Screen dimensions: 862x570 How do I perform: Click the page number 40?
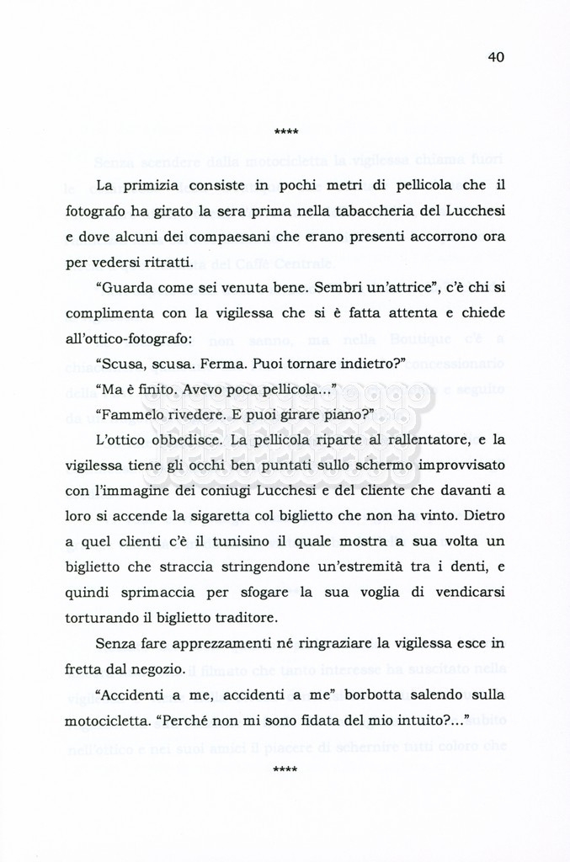495,57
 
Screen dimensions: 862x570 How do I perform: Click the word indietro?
366,366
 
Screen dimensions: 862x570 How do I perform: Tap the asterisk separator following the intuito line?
285,770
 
